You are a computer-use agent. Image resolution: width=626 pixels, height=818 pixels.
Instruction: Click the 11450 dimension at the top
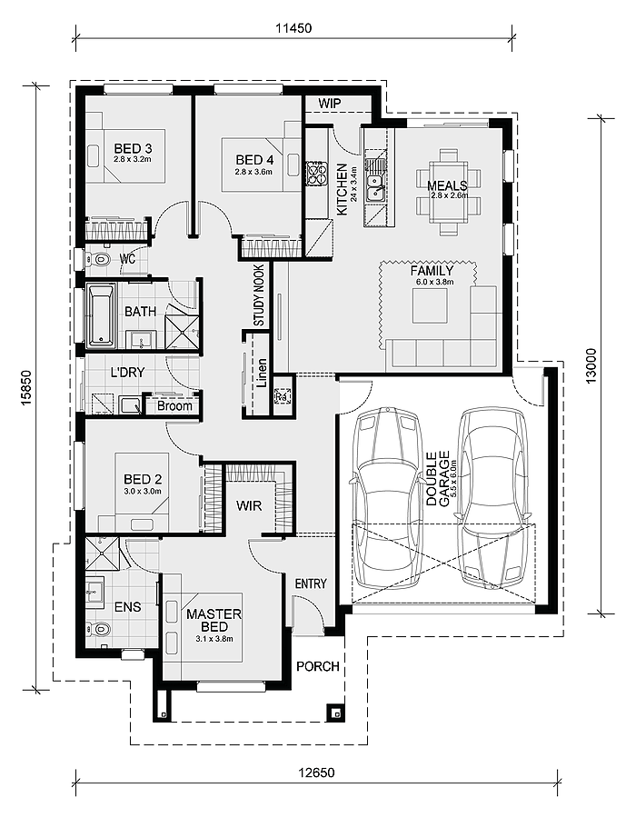(293, 27)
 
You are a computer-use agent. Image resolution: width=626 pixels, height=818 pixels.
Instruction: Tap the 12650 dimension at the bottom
(317, 772)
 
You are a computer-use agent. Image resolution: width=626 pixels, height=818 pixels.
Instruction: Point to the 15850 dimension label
(27, 387)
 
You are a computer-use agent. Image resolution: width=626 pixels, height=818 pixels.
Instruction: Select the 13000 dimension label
(591, 366)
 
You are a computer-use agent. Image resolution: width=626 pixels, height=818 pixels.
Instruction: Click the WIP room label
(330, 104)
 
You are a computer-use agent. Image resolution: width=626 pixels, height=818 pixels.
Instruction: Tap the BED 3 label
(133, 149)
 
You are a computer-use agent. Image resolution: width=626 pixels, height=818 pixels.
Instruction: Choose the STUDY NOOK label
(259, 295)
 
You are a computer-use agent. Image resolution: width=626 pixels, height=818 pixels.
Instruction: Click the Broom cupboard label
(174, 406)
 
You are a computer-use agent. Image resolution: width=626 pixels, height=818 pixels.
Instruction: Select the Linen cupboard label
(262, 373)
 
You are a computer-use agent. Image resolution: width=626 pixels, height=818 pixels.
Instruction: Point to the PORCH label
(318, 666)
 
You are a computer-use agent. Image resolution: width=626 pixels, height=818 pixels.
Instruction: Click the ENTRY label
(311, 584)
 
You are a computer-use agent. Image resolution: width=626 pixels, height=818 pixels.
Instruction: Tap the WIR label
(249, 505)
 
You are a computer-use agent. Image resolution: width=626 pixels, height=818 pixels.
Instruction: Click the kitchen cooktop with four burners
(316, 174)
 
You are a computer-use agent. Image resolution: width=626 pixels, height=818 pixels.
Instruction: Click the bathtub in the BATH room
(100, 314)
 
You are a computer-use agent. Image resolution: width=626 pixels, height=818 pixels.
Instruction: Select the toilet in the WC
(97, 259)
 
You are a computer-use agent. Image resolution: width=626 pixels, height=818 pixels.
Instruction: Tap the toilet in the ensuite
(99, 629)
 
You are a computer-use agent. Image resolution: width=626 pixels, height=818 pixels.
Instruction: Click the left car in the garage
(386, 499)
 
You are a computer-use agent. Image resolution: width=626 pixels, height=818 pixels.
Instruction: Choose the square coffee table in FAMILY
(430, 305)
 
